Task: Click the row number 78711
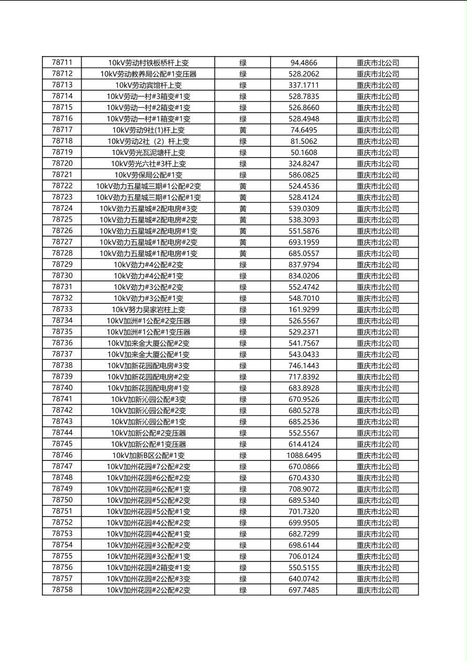click(x=62, y=63)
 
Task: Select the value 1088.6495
click(x=304, y=456)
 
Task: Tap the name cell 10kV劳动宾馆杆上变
click(x=148, y=85)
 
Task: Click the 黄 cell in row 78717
click(x=243, y=130)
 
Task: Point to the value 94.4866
click(x=304, y=63)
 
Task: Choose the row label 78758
click(x=62, y=590)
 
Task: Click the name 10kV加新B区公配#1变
click(x=148, y=456)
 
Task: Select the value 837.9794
click(x=304, y=265)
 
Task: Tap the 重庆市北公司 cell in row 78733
click(x=377, y=310)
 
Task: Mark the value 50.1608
click(x=304, y=152)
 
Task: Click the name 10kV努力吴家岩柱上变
click(x=148, y=310)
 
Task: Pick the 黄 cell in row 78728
click(x=243, y=254)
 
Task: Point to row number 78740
click(x=62, y=388)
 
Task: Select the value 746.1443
click(x=304, y=366)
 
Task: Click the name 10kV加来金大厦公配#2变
click(x=148, y=343)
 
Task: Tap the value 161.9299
click(x=304, y=310)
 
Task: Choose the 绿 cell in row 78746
click(x=243, y=456)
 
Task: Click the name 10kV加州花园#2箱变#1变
click(x=148, y=568)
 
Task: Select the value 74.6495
click(x=304, y=130)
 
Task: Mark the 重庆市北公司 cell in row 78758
click(x=377, y=590)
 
